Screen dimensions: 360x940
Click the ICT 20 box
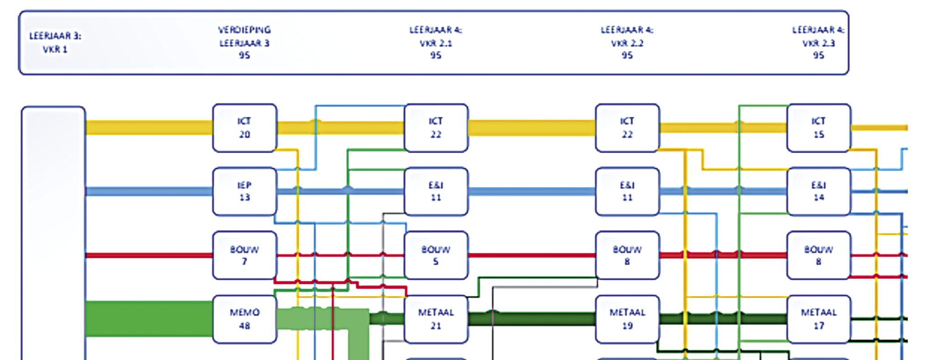[244, 128]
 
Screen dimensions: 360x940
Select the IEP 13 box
[244, 191]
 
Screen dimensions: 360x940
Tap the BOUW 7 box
[244, 255]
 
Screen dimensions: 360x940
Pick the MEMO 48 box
[244, 319]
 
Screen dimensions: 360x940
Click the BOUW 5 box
[436, 255]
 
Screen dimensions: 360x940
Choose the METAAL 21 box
[436, 319]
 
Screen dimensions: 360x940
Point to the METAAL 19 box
[627, 319]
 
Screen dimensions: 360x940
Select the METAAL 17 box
[819, 319]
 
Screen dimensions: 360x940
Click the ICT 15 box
[819, 128]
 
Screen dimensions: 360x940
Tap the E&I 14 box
[819, 191]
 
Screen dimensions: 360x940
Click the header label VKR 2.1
[436, 43]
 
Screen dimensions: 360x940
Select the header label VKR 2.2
[627, 43]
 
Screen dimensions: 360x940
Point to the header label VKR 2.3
[819, 43]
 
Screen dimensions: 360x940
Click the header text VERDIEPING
[244, 30]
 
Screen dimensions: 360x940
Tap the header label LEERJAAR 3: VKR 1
[55, 42]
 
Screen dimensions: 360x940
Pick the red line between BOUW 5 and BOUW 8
[532, 255]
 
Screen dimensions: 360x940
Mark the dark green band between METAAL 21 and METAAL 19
[532, 319]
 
